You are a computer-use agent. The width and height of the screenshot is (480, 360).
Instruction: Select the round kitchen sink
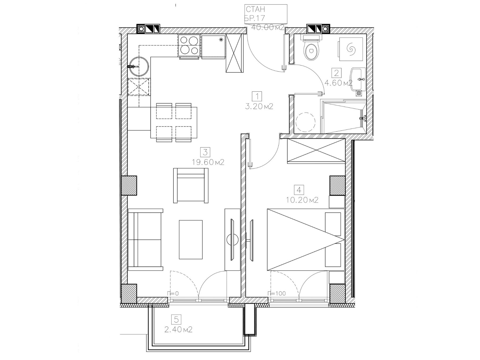tap(139, 66)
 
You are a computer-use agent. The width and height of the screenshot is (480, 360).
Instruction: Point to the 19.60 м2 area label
tap(208, 162)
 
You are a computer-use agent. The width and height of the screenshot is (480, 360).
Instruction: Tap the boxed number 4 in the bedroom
tap(299, 190)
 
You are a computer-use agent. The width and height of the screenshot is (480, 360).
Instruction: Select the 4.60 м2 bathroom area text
tap(338, 83)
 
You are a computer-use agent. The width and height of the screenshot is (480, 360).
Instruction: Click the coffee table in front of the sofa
tap(191, 239)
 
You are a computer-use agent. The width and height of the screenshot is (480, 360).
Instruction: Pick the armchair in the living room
tap(191, 185)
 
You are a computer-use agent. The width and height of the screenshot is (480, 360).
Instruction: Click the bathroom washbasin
tap(358, 79)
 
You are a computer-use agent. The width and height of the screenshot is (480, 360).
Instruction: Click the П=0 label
tap(173, 294)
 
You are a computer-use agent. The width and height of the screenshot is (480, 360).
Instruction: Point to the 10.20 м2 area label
tap(303, 200)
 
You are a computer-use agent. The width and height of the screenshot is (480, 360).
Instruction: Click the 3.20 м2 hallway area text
tap(259, 107)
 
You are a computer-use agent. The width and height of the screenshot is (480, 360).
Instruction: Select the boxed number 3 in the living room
tap(205, 152)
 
